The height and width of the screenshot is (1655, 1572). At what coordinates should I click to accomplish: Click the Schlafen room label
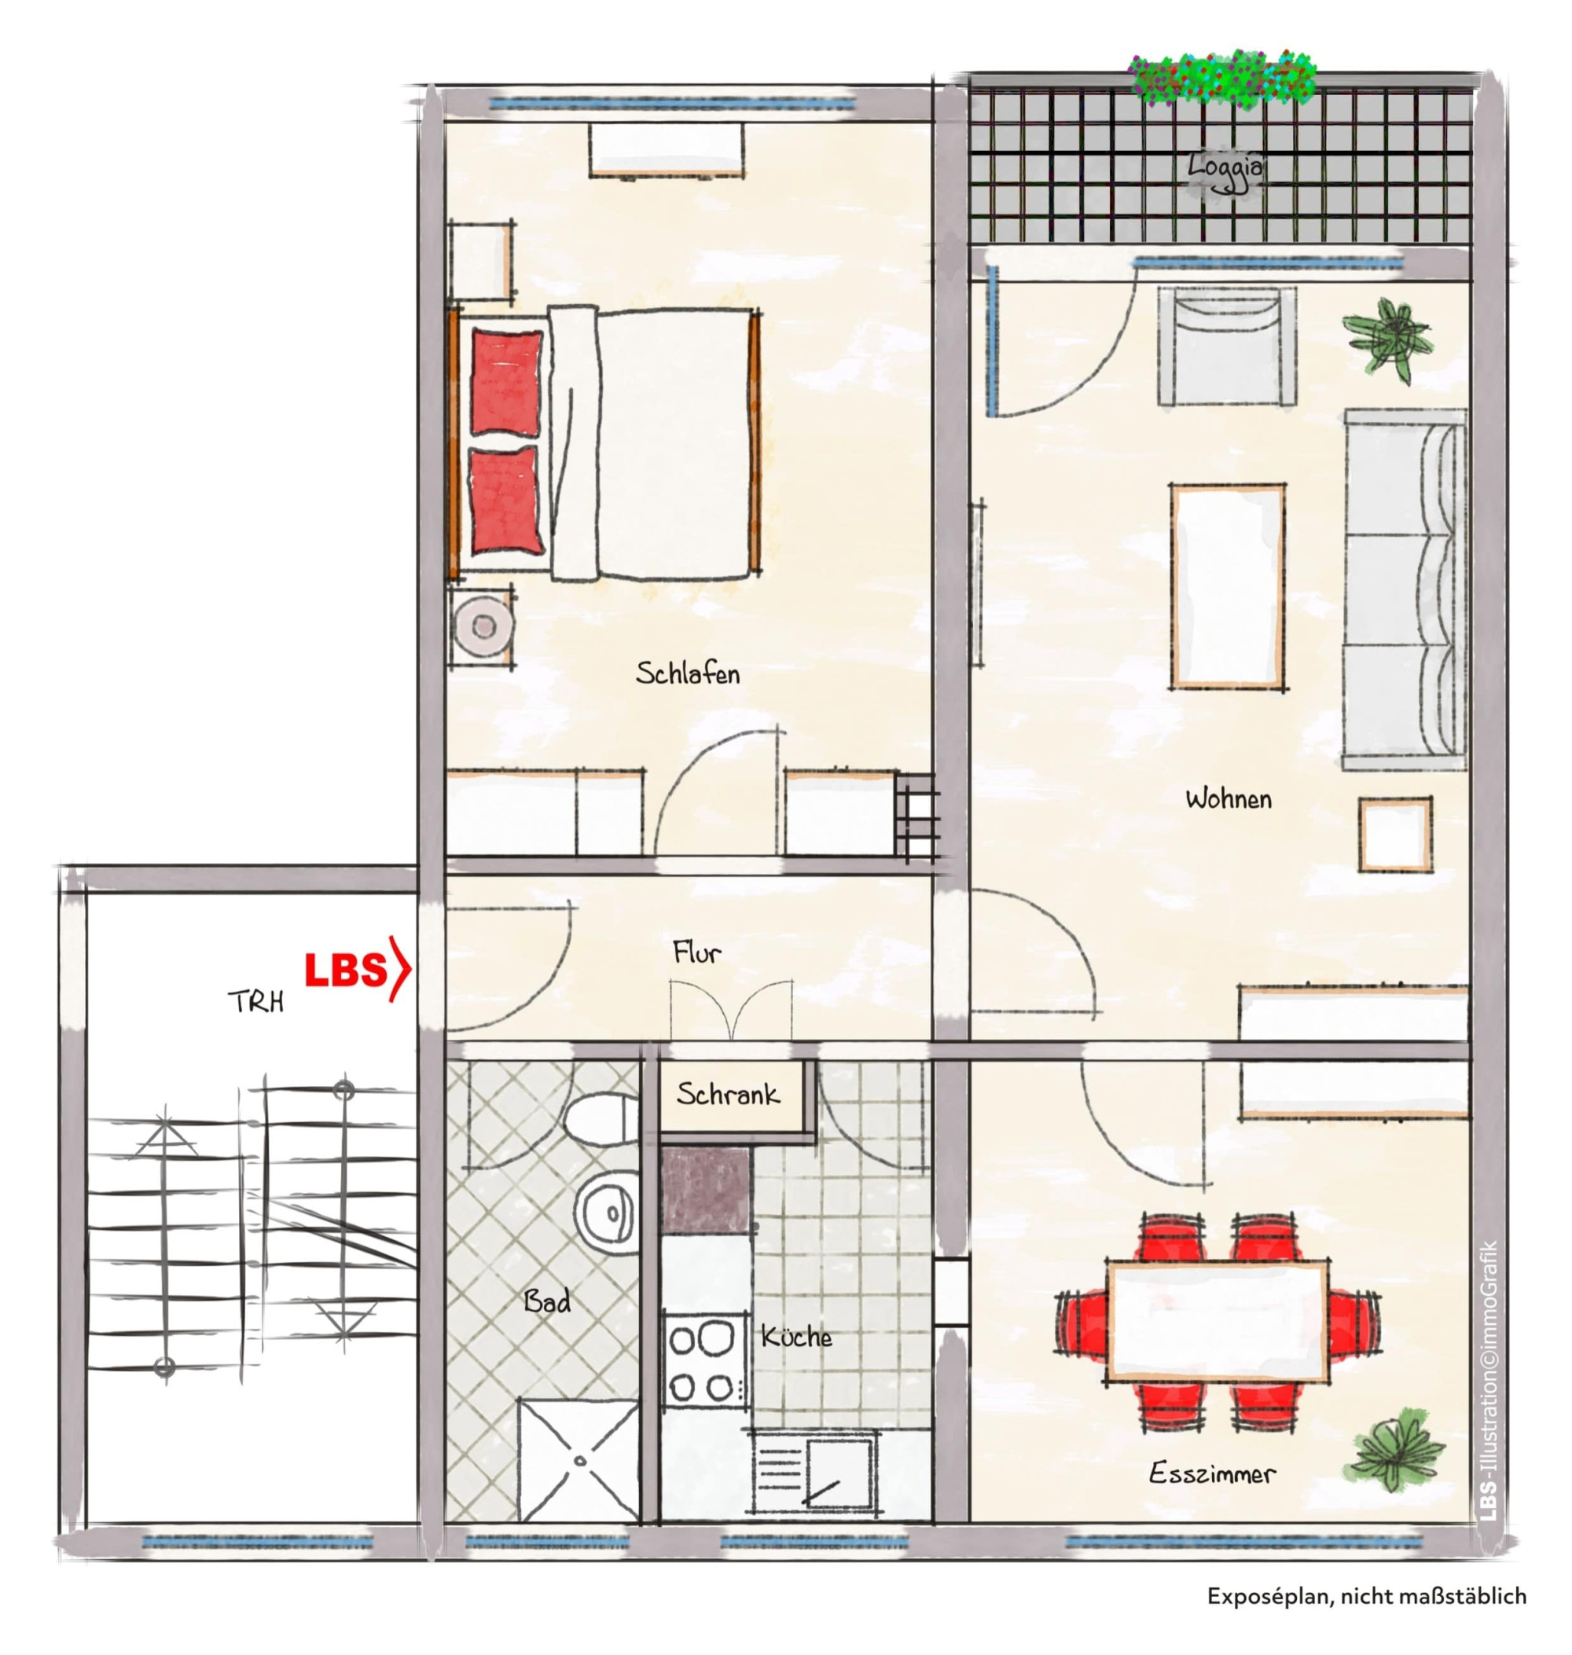(x=687, y=673)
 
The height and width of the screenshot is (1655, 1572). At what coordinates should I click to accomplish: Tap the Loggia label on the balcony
(x=1225, y=168)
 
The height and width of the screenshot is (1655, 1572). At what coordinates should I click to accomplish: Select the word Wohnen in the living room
(x=1229, y=798)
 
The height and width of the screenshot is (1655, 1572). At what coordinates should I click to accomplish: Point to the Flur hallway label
(x=696, y=952)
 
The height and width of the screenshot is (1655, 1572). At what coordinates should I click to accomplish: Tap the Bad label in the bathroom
(x=547, y=1301)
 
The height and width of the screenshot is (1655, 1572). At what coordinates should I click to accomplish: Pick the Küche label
(x=796, y=1337)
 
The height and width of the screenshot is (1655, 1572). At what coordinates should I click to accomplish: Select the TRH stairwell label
(x=255, y=1001)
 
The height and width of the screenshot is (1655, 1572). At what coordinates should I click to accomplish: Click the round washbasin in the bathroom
(x=607, y=1213)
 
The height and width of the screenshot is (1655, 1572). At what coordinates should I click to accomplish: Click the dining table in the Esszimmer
(x=1218, y=1322)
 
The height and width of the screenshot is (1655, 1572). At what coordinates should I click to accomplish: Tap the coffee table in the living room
(x=1228, y=586)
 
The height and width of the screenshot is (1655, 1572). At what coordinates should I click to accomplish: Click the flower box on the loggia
(x=1222, y=77)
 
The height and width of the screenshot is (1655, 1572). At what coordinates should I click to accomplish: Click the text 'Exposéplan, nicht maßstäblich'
(x=1367, y=1596)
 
